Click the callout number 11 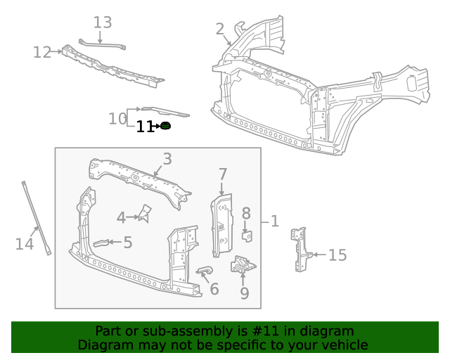(x=144, y=127)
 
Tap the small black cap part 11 (x=166, y=126)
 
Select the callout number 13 (x=103, y=22)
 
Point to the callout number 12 (x=42, y=52)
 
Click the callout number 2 (x=220, y=29)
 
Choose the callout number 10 (x=117, y=119)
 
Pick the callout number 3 (x=167, y=159)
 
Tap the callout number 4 (x=121, y=218)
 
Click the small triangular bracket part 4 (x=146, y=213)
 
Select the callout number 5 (x=127, y=243)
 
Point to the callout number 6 (x=214, y=288)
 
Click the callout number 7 (x=223, y=174)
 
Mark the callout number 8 (x=246, y=213)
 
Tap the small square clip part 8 (x=247, y=234)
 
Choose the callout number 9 (x=244, y=292)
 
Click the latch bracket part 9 (x=243, y=266)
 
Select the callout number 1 (x=275, y=221)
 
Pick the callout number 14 (x=25, y=244)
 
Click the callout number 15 (x=337, y=255)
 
